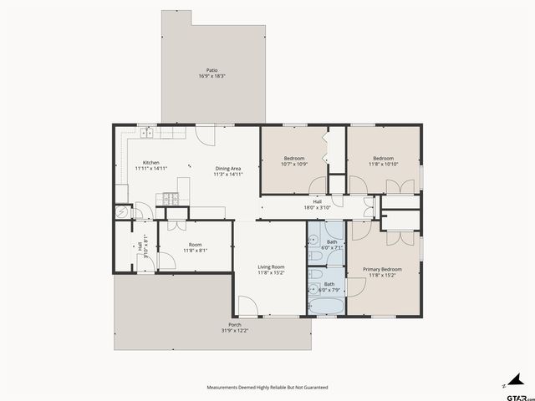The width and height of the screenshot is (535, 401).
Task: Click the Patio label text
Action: coord(212,70)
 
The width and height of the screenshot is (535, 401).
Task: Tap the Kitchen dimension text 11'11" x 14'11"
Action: coord(151,169)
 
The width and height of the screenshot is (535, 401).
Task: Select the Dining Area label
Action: coord(228,168)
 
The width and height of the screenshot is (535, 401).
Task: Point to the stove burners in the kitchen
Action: coord(171,199)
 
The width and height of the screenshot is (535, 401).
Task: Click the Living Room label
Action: coord(272,266)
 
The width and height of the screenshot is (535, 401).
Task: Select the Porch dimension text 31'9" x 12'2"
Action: coord(235,331)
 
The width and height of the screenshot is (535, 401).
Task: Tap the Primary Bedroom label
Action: coord(382,269)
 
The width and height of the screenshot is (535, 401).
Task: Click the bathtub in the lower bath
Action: coord(327,309)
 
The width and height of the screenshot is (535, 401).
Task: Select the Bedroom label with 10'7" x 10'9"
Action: coord(294,158)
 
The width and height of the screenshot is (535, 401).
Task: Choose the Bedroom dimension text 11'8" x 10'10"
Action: coord(383,164)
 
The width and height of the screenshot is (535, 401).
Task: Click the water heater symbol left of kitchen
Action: coord(123,212)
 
